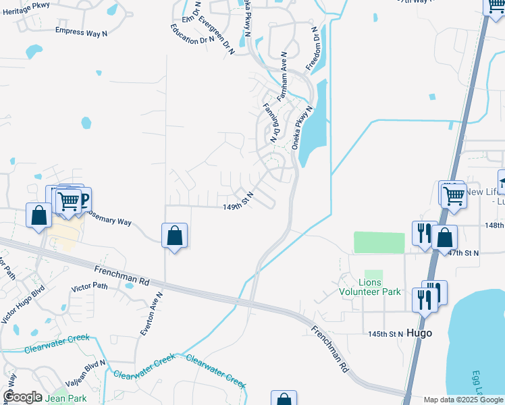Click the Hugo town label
420,333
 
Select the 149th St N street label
238,207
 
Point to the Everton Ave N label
151,314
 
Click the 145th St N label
386,334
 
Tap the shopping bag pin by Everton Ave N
175,236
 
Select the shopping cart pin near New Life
454,196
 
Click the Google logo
22,397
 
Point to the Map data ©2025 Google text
462,400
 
